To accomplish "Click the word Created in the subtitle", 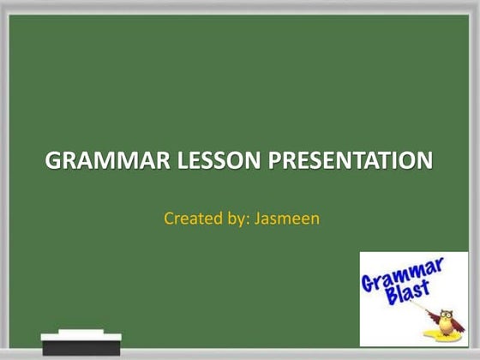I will [x=189, y=219].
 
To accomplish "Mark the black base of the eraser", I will [x=81, y=347].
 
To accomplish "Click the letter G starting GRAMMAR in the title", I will [x=53, y=160].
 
